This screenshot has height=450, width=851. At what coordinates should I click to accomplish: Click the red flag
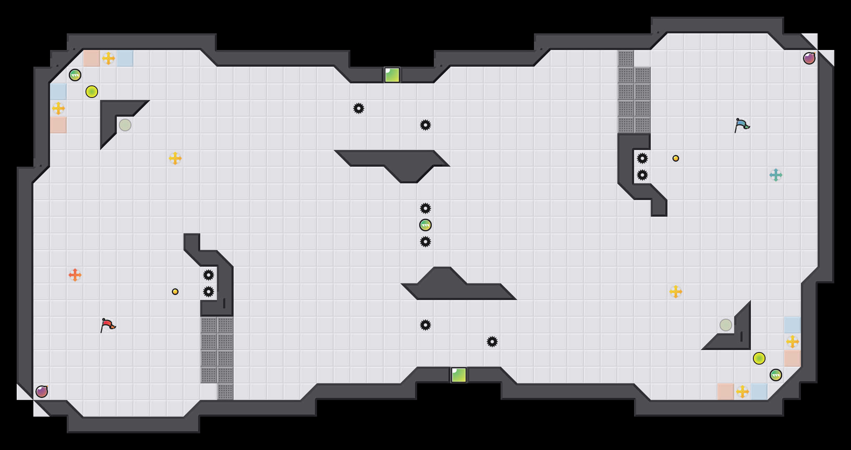108,325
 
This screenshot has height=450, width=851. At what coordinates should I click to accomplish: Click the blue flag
742,125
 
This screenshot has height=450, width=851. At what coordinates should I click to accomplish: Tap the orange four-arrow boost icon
75,275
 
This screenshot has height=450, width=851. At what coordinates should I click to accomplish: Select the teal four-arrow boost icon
776,175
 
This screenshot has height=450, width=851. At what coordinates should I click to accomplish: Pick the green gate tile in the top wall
392,75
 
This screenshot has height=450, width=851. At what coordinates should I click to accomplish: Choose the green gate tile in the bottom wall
459,375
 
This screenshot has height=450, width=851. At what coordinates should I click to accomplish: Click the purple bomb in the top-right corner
809,58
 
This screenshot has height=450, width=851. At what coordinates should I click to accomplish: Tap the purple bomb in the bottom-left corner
42,392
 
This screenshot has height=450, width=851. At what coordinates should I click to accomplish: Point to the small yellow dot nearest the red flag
175,292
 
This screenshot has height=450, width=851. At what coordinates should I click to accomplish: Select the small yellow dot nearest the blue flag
676,158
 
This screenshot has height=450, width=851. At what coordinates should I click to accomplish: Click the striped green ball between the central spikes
425,225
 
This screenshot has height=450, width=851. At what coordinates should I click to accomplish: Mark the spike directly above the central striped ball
425,208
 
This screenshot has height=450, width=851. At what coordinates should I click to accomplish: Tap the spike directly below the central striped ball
425,242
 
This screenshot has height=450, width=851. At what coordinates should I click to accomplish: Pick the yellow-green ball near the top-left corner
92,92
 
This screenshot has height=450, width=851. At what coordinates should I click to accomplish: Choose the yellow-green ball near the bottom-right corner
759,358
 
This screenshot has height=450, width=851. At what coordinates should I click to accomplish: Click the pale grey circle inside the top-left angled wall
125,125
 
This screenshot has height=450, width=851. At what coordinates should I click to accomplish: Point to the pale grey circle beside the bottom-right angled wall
726,325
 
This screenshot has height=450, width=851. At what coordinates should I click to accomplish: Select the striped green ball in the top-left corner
75,75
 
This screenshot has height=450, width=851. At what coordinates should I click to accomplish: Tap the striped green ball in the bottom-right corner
776,375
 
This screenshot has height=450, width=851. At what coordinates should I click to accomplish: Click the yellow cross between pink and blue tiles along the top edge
108,58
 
